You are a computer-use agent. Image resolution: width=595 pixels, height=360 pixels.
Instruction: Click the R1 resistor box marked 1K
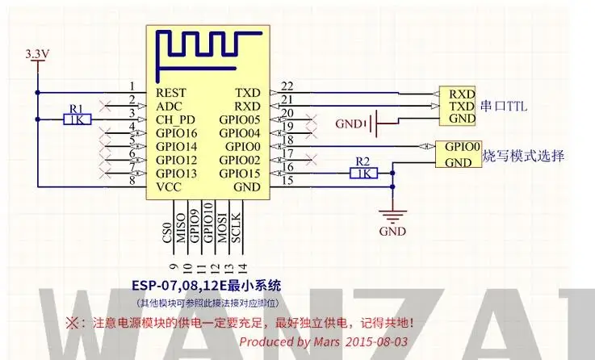pyautogui.click(x=77, y=119)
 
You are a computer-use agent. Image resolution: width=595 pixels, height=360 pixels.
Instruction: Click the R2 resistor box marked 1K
pyautogui.click(x=362, y=173)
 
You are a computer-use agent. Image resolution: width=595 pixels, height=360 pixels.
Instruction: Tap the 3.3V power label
pyautogui.click(x=38, y=54)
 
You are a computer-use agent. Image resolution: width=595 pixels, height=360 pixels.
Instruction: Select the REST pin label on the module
pyautogui.click(x=172, y=93)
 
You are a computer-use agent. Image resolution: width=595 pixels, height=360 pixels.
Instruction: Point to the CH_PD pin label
pyautogui.click(x=176, y=119)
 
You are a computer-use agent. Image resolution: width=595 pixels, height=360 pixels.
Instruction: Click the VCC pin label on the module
pyautogui.click(x=170, y=186)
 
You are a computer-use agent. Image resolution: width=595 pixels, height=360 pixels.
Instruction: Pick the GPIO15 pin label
pyautogui.click(x=240, y=173)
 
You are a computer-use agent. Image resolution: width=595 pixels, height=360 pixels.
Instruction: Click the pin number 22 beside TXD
pyautogui.click(x=287, y=86)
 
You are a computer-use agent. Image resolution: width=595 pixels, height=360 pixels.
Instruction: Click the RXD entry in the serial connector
pyautogui.click(x=462, y=93)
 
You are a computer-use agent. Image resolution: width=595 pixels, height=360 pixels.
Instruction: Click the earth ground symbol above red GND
pyautogui.click(x=393, y=216)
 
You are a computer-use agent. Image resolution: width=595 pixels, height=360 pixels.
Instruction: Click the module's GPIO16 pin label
pyautogui.click(x=177, y=133)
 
